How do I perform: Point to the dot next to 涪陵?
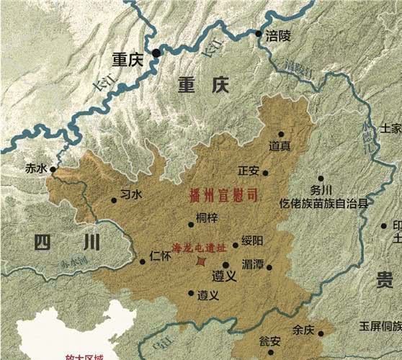tap(258, 33)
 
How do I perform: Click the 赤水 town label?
tap(35, 169)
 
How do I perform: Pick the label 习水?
tap(131, 194)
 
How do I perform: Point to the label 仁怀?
tap(160, 255)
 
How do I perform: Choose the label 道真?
tap(280, 146)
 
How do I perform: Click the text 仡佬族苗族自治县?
tap(324, 203)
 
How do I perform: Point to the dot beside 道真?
tap(281, 134)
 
